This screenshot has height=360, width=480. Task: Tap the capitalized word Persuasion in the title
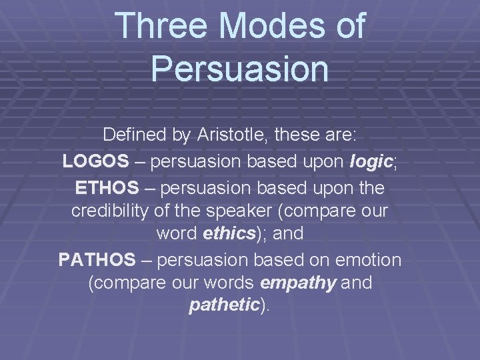click(x=240, y=69)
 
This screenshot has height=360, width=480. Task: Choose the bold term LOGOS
click(x=93, y=162)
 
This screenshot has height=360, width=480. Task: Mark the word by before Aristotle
click(x=181, y=136)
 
